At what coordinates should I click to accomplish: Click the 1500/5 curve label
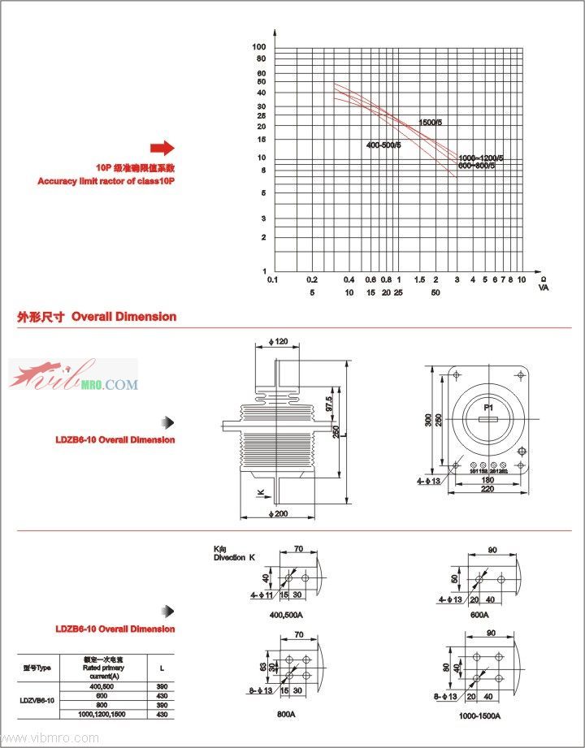[x=431, y=122]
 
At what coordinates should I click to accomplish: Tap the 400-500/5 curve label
[x=383, y=145]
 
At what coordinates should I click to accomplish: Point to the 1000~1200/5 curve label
[x=481, y=157]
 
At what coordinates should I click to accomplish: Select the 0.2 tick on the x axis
[x=311, y=279]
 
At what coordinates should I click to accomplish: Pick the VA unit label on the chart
[x=544, y=288]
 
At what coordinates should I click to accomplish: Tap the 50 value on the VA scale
[x=435, y=292]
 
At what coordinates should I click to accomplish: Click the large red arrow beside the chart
[x=162, y=147]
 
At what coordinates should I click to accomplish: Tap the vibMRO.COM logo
[x=73, y=378]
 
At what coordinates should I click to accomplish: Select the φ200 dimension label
[x=277, y=513]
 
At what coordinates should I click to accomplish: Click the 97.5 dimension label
[x=329, y=404]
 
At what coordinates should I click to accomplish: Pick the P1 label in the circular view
[x=488, y=407]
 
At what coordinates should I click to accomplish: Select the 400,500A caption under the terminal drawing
[x=286, y=614]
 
